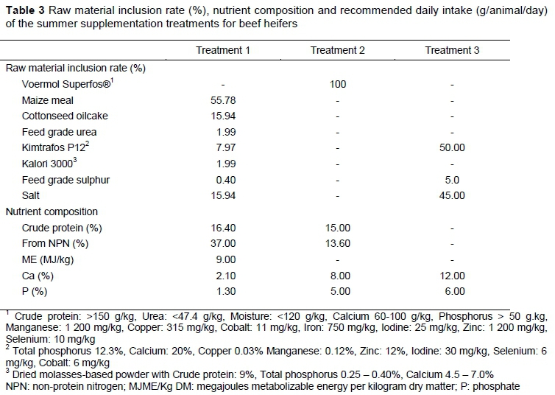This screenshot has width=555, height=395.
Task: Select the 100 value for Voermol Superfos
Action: coord(338,85)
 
